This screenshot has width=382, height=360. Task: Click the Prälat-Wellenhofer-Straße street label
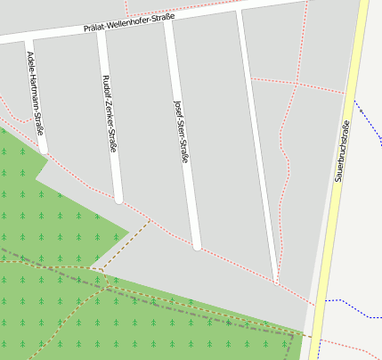[x=129, y=22]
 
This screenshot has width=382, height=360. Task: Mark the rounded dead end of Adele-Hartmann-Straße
[x=44, y=150]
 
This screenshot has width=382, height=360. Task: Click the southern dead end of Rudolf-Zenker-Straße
[x=118, y=200]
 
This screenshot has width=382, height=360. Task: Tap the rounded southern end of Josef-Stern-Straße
[x=197, y=245]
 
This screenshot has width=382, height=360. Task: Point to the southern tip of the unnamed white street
[x=276, y=282]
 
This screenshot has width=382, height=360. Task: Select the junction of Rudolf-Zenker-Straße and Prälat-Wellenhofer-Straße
[x=100, y=30]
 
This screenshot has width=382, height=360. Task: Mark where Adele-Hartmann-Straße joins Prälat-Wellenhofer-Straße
[x=28, y=38]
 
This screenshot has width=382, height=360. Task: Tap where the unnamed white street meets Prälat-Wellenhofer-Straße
[x=238, y=11]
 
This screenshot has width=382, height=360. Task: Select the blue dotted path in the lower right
[x=356, y=308]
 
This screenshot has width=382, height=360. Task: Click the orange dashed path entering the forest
[x=125, y=244]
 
